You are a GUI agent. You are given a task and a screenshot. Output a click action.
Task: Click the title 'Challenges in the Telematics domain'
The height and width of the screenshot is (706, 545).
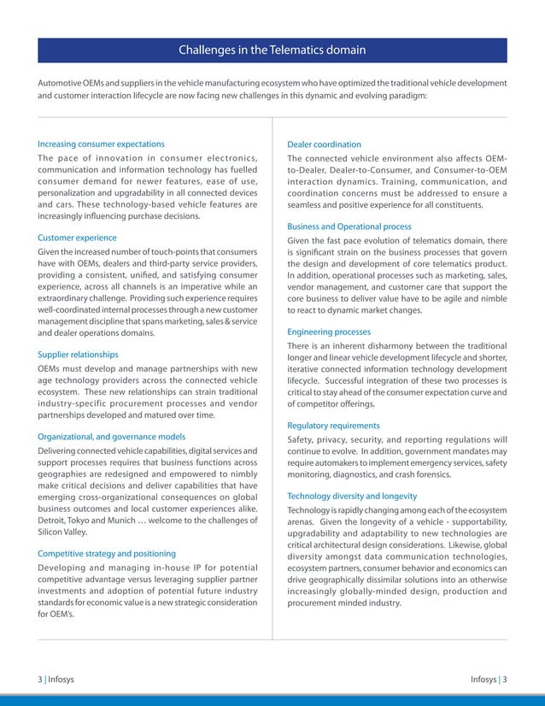click(272, 50)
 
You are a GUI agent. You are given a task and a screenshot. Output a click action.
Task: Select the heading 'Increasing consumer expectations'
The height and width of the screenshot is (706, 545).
click(101, 144)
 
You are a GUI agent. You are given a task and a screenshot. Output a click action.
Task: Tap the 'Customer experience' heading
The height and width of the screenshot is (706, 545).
click(77, 237)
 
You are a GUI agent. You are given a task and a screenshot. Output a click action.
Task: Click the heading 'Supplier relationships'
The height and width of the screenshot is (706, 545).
click(78, 354)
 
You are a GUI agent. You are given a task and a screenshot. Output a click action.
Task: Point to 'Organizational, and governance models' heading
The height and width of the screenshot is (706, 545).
click(111, 436)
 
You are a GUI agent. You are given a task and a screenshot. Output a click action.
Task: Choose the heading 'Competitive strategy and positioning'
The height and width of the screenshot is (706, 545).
click(107, 553)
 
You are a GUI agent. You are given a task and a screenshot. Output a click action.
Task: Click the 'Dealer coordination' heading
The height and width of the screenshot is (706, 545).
click(324, 144)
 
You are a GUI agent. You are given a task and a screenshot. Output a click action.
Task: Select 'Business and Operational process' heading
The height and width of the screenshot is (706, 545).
click(349, 227)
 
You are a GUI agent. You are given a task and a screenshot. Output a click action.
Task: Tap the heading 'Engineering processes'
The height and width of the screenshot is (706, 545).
click(329, 331)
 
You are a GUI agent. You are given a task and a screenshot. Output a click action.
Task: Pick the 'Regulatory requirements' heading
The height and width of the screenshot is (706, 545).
click(333, 425)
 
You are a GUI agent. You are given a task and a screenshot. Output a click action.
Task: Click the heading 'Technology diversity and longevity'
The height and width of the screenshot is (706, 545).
click(352, 496)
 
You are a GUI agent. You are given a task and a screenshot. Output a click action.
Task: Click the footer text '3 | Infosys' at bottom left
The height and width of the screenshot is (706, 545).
click(55, 680)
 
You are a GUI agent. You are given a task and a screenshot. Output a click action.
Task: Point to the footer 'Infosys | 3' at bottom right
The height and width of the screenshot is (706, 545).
click(489, 680)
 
